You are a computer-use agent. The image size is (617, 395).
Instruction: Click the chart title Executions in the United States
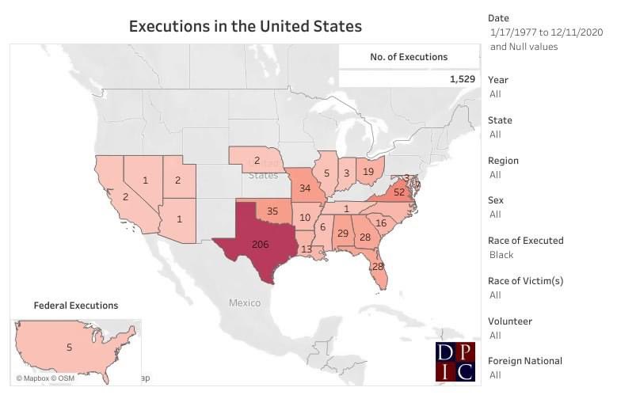(246, 26)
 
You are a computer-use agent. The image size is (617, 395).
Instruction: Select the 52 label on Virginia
(399, 192)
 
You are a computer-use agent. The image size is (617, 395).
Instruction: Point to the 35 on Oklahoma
(272, 211)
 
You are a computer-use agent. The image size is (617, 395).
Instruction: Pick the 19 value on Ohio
(368, 171)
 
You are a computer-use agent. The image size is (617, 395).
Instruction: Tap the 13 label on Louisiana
(306, 249)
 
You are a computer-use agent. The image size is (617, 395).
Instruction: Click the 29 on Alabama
(343, 234)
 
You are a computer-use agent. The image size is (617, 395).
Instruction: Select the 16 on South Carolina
(381, 222)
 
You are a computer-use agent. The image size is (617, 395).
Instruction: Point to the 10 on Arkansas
(305, 217)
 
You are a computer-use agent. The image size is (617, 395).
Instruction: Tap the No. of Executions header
(409, 57)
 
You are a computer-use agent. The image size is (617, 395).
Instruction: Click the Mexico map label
(245, 302)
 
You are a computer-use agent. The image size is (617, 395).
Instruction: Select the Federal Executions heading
(76, 305)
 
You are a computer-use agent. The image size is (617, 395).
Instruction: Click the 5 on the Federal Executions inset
(69, 347)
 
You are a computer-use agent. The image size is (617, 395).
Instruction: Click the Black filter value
(502, 255)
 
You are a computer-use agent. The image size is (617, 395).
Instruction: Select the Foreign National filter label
(525, 361)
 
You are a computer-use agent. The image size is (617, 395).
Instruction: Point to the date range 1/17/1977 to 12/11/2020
(547, 32)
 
